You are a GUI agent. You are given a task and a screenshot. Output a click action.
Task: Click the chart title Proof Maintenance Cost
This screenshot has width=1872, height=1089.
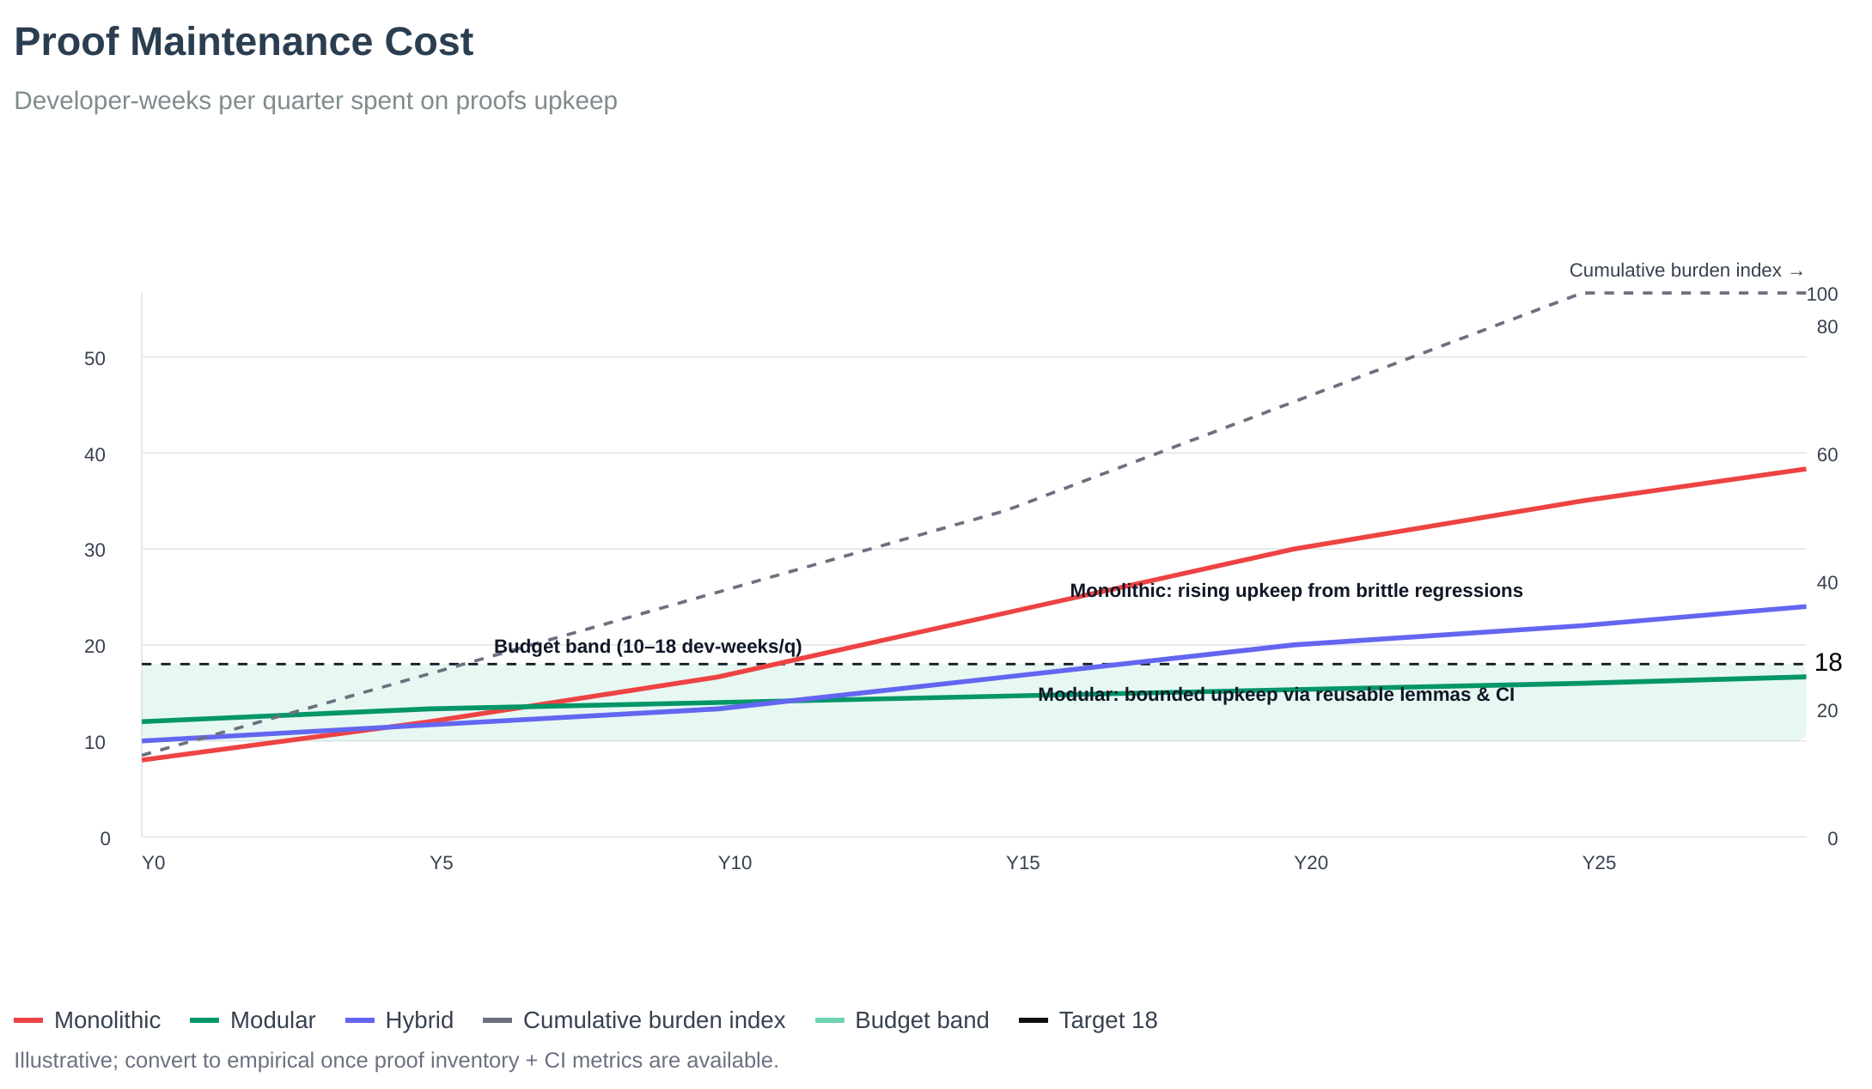click(x=243, y=43)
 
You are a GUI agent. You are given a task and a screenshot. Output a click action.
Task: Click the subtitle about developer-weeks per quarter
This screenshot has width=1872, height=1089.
click(x=315, y=101)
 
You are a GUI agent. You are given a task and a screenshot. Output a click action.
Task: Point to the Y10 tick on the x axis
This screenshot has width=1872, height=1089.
click(x=735, y=863)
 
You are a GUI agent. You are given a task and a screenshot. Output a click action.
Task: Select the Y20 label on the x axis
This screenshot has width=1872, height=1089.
click(x=1311, y=863)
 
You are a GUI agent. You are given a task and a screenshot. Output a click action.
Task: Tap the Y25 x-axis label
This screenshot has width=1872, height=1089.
click(x=1599, y=863)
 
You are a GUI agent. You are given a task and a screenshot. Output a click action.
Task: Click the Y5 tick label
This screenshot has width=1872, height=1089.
click(x=442, y=863)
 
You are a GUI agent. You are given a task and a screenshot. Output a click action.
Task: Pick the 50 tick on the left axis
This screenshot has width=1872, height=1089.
click(x=95, y=359)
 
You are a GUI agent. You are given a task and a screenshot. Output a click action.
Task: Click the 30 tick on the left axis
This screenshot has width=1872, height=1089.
click(x=95, y=551)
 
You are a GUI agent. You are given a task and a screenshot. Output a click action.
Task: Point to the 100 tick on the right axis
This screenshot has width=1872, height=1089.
click(x=1822, y=295)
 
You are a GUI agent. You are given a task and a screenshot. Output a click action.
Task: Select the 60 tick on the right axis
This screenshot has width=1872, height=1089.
click(x=1827, y=455)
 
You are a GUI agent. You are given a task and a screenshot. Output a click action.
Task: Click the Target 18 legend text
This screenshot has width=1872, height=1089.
click(x=1108, y=1020)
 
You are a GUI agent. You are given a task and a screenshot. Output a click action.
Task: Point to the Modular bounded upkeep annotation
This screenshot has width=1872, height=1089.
click(x=1276, y=695)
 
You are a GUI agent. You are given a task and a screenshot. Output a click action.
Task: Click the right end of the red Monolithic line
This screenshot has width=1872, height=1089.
click(x=1804, y=470)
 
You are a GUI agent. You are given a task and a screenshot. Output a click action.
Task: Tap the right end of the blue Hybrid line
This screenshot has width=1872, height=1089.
click(x=1804, y=607)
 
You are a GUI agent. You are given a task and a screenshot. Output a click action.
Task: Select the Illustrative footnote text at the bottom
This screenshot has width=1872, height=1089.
click(x=395, y=1061)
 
